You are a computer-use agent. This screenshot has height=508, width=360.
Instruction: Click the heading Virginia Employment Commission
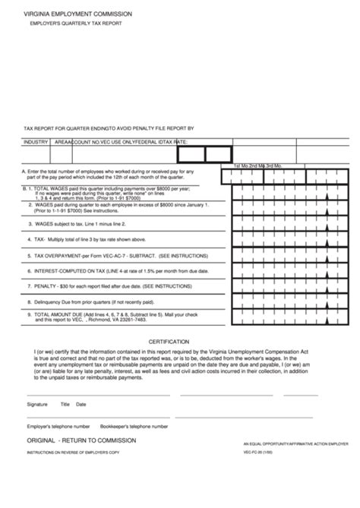click(x=77, y=14)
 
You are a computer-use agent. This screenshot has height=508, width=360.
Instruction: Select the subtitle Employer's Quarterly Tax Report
click(x=75, y=24)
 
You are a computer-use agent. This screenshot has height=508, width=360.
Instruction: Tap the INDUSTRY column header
click(x=36, y=142)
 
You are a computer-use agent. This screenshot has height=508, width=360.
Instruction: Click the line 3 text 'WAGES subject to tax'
click(x=77, y=224)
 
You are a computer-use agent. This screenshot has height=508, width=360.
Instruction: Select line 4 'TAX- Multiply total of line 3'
click(x=87, y=239)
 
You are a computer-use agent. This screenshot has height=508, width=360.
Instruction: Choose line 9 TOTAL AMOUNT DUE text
click(x=114, y=314)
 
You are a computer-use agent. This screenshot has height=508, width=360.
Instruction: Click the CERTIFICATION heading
click(x=169, y=342)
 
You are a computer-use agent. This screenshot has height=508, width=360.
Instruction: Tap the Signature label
click(x=37, y=405)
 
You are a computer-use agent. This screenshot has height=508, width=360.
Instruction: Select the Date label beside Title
click(x=81, y=405)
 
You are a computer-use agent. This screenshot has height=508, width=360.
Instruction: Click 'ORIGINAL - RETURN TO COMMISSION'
click(x=81, y=440)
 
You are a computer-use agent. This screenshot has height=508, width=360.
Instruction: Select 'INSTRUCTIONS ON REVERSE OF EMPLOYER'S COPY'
click(x=73, y=453)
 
